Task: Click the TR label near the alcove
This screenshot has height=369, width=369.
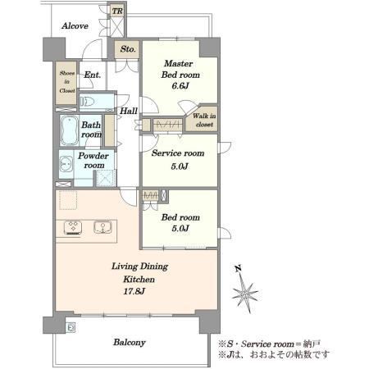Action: coord(117,11)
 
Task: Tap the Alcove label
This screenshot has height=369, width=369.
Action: coord(75,26)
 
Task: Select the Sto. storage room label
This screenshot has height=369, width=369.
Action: coord(128,49)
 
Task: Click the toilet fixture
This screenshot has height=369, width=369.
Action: coord(87,102)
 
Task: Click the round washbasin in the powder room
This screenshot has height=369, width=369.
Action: coord(66,164)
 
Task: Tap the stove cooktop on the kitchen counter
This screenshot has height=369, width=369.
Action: coord(73,228)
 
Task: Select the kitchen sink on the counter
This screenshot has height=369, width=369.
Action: coord(102,227)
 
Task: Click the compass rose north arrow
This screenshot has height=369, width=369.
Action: coord(244,292)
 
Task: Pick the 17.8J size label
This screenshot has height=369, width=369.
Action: coord(134,291)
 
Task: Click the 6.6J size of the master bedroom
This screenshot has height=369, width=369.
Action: coord(180,86)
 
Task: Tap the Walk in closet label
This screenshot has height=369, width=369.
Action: coord(204,120)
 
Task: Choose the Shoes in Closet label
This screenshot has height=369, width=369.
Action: coord(67,82)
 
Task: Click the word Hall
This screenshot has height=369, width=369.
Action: coord(129,111)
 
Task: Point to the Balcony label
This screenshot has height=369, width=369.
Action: coord(130,342)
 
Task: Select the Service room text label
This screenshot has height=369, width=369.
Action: coord(178,153)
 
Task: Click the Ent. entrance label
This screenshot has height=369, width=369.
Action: coord(92,75)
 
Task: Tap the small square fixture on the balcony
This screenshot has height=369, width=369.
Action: coord(71,327)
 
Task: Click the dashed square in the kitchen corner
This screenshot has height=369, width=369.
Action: coord(68,200)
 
